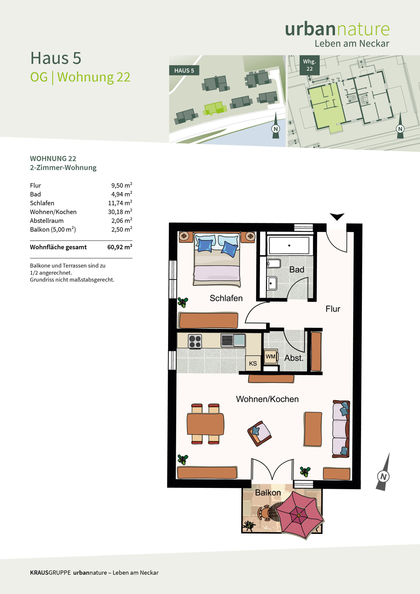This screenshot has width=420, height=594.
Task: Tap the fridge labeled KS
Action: (x=253, y=363)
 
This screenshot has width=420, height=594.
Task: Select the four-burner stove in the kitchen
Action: (x=195, y=342)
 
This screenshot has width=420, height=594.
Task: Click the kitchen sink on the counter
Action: (x=233, y=340)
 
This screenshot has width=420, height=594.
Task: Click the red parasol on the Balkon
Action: (x=300, y=515)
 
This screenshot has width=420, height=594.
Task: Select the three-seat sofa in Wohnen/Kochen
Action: (x=341, y=429)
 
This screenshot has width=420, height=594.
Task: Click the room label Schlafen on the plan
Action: (x=226, y=298)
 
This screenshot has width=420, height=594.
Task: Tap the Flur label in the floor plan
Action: (x=333, y=309)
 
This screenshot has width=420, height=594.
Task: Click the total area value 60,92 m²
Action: (x=120, y=247)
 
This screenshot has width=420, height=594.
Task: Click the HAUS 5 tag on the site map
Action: (x=184, y=70)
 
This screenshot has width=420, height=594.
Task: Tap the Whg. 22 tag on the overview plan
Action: (x=310, y=65)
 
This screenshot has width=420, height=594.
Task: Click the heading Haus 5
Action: (x=56, y=58)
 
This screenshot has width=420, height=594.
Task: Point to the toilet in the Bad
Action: (x=274, y=264)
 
